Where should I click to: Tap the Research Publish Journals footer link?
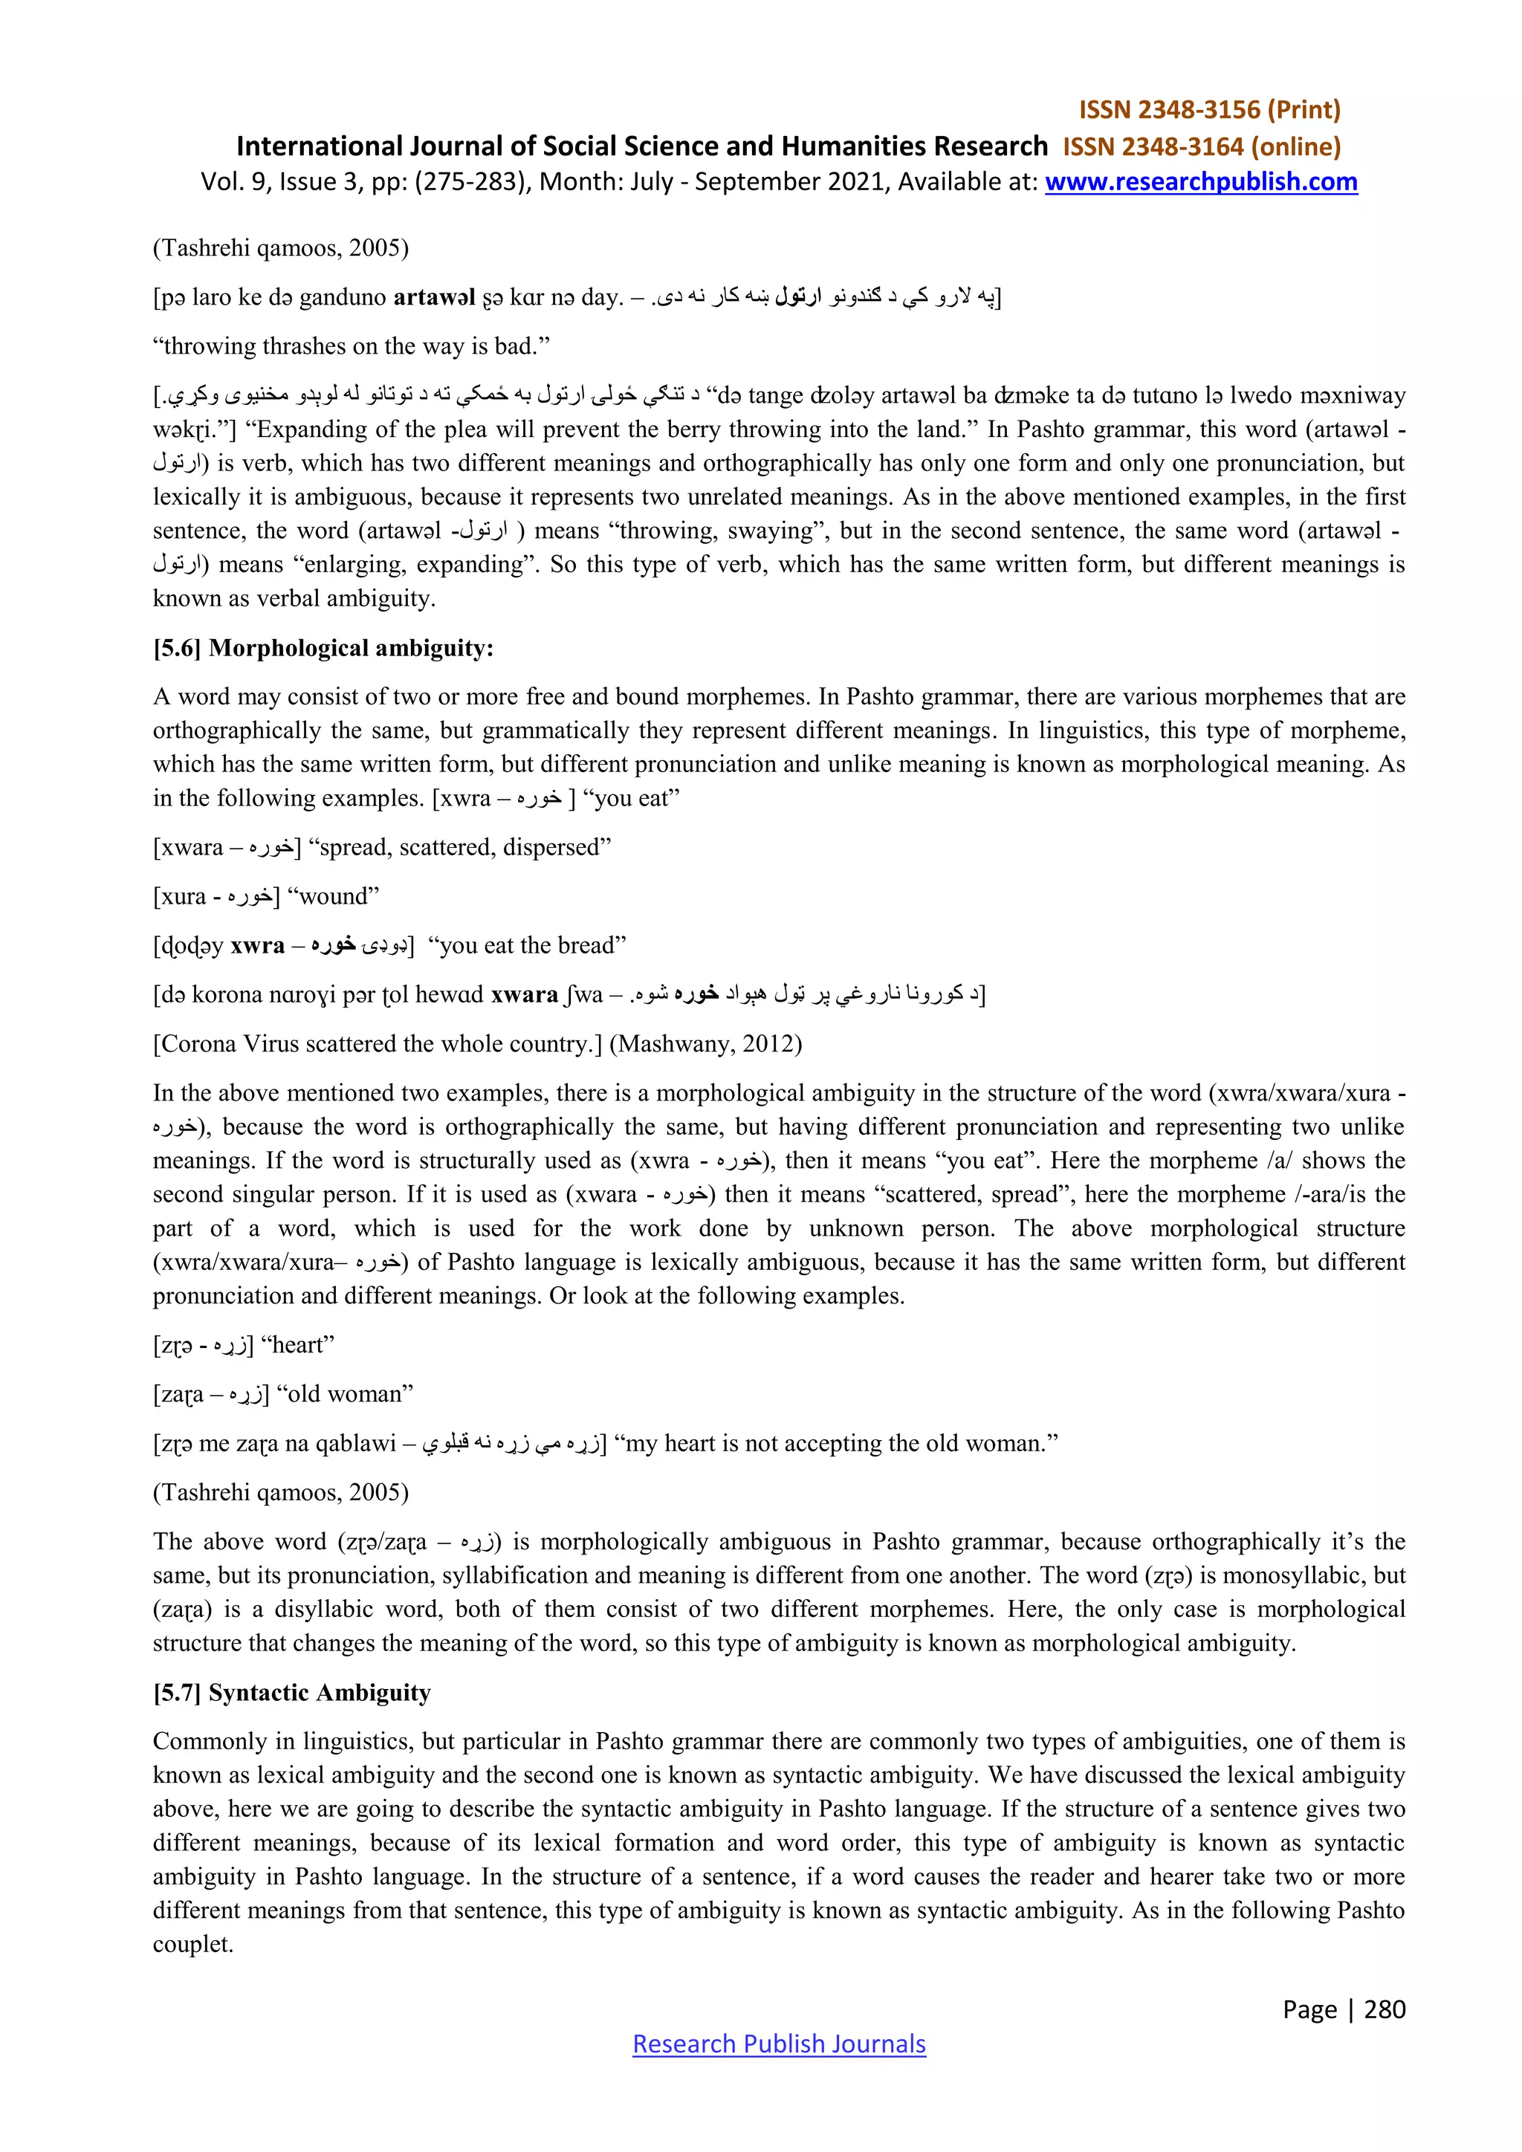pyautogui.click(x=779, y=2044)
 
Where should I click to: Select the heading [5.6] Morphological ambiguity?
pyautogui.click(x=323, y=648)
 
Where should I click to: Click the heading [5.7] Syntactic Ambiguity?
pyautogui.click(x=291, y=1692)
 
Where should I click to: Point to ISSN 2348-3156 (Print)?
pyautogui.click(x=1209, y=110)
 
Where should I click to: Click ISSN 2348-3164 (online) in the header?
pyautogui.click(x=1202, y=146)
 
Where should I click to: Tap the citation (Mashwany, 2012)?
pyautogui.click(x=706, y=1043)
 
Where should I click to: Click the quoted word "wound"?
pyautogui.click(x=333, y=896)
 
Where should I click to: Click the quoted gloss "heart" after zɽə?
pyautogui.click(x=297, y=1344)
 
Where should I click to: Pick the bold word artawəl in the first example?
pyautogui.click(x=434, y=297)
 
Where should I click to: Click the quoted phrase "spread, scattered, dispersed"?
pyautogui.click(x=459, y=847)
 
